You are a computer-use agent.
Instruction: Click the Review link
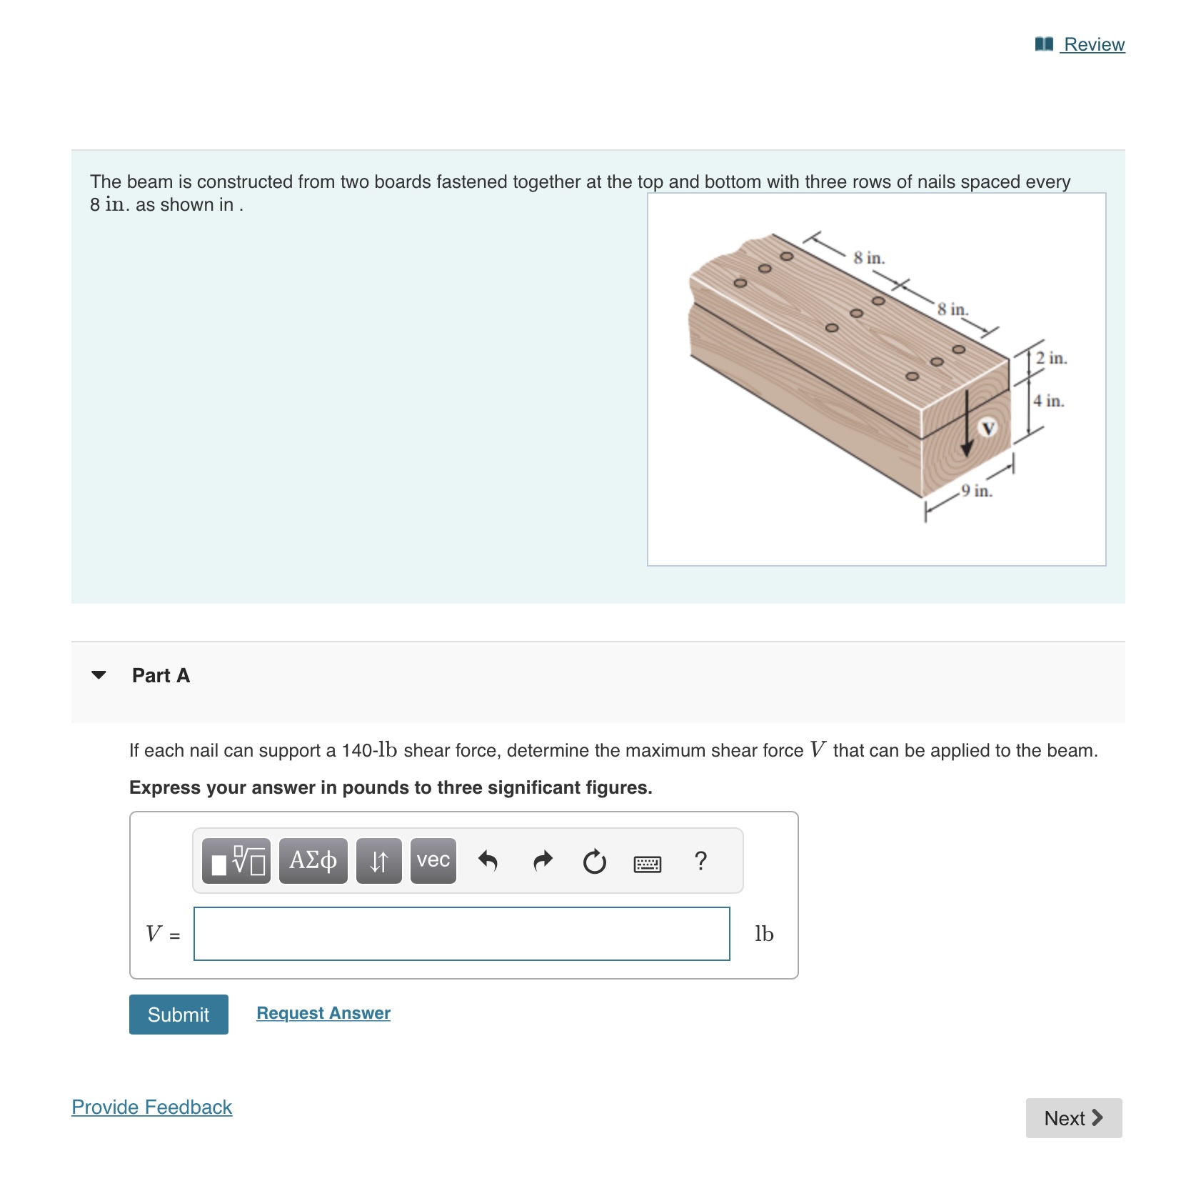point(1092,44)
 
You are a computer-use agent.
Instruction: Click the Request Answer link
point(323,1013)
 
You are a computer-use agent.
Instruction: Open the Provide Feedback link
point(151,1107)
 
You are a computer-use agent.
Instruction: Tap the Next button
point(1073,1118)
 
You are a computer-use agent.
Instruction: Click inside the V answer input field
point(461,934)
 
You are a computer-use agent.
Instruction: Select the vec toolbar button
point(433,861)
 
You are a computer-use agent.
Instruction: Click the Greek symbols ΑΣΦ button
point(313,861)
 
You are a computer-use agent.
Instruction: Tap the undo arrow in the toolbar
point(488,861)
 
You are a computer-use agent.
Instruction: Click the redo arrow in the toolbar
point(543,861)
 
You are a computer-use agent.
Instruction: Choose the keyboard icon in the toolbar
point(648,864)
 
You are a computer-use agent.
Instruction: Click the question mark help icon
point(700,861)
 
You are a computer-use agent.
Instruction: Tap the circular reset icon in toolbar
point(594,862)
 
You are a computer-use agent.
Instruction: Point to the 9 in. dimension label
point(976,491)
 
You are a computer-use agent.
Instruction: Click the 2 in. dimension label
point(1051,358)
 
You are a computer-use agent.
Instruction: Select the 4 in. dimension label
point(1048,401)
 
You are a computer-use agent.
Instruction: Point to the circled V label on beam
point(988,428)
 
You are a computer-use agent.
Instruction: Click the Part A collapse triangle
point(99,675)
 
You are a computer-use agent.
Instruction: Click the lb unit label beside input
point(764,934)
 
